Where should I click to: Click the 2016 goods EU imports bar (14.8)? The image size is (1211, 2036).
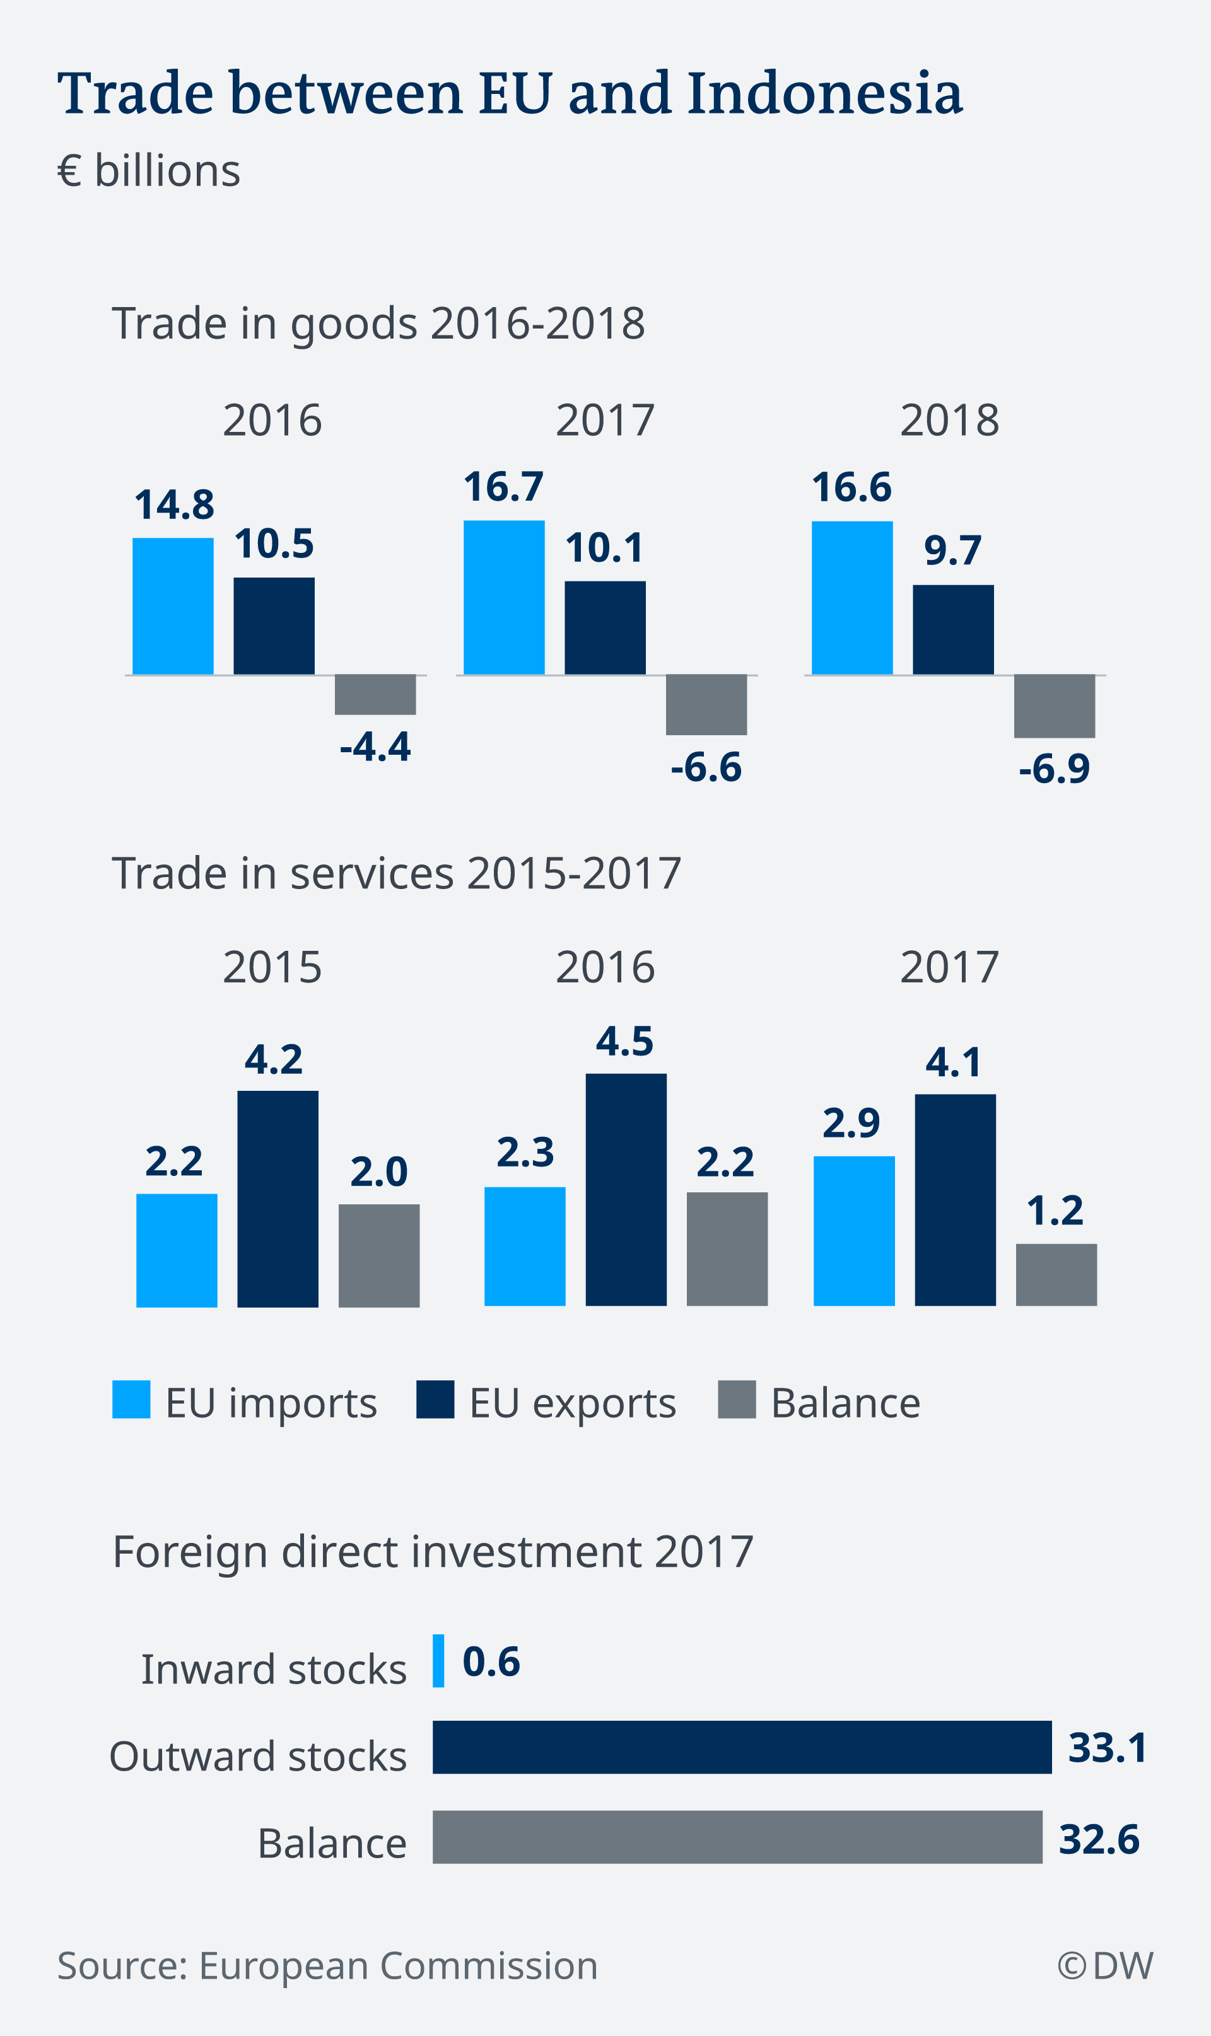(173, 606)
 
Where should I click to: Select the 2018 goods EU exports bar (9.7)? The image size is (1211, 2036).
(953, 630)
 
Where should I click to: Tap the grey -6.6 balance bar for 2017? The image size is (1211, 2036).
(706, 705)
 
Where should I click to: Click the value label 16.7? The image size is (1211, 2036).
(503, 487)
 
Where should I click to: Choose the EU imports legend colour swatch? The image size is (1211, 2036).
(131, 1400)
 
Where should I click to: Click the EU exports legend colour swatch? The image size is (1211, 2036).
(435, 1400)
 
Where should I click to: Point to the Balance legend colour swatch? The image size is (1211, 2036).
(737, 1400)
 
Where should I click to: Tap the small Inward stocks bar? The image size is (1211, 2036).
(438, 1661)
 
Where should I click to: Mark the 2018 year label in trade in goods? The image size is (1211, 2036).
(949, 421)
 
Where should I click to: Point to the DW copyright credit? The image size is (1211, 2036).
(1105, 1966)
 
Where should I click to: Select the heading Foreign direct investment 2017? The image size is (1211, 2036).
(433, 1552)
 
